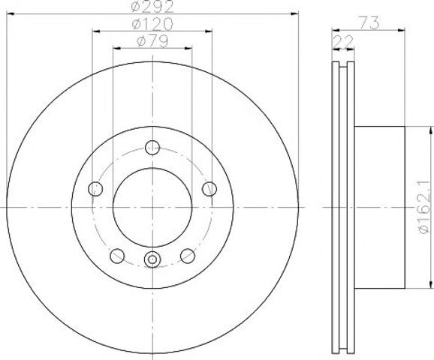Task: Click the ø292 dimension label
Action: click(x=152, y=6)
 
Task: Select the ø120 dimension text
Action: click(x=152, y=24)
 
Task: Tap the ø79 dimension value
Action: click(x=152, y=41)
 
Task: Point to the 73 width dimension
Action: click(x=369, y=22)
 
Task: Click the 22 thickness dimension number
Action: click(x=343, y=41)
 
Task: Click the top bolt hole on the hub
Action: click(x=152, y=147)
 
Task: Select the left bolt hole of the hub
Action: click(x=95, y=189)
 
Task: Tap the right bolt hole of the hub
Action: click(x=209, y=189)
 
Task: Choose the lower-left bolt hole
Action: click(x=117, y=256)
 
